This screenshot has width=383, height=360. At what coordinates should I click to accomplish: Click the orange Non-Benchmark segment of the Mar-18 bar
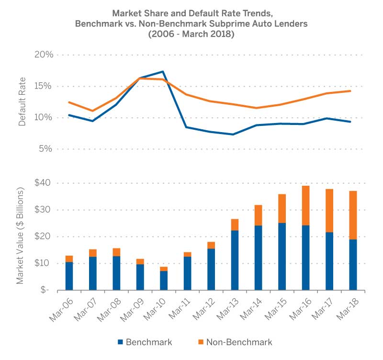(353, 215)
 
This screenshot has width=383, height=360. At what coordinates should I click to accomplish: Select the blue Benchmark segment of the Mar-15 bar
(282, 256)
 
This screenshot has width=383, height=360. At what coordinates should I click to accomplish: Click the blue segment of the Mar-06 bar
(69, 276)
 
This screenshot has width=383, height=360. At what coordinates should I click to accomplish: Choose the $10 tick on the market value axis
(44, 263)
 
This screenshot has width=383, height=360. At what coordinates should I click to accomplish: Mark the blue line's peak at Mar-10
(163, 72)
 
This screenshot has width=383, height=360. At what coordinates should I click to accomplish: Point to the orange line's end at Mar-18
(351, 91)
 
